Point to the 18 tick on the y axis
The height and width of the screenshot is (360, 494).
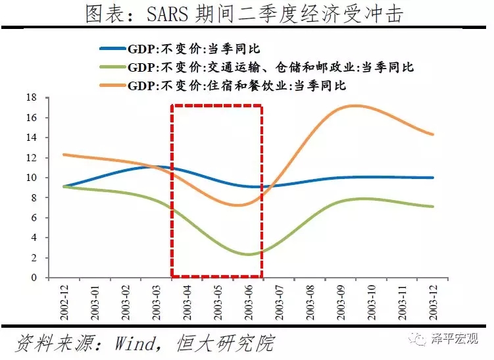coord(32,97)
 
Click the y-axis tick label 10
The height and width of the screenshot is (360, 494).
coord(32,178)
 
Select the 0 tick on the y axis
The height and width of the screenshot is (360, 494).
coord(35,278)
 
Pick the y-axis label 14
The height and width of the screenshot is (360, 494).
coord(32,138)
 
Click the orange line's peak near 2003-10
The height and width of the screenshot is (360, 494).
coord(356,105)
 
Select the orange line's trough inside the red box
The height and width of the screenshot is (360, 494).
coord(240,205)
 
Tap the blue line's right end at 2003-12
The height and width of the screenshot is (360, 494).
coord(432,178)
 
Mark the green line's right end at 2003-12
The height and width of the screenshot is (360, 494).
coord(432,207)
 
